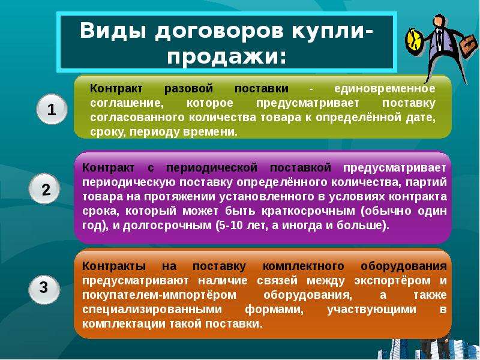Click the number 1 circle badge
[x=52, y=109]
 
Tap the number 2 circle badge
[x=44, y=189]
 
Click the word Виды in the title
[x=113, y=31]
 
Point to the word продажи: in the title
[x=226, y=56]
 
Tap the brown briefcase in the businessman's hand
[x=468, y=46]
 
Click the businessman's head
[x=440, y=21]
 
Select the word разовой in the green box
[x=188, y=89]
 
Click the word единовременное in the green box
[x=385, y=89]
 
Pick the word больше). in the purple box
[x=363, y=226]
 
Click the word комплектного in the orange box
[x=303, y=266]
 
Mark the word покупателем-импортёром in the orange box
[x=159, y=295]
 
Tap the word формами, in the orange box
[x=274, y=310]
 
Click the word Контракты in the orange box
[x=114, y=266]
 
